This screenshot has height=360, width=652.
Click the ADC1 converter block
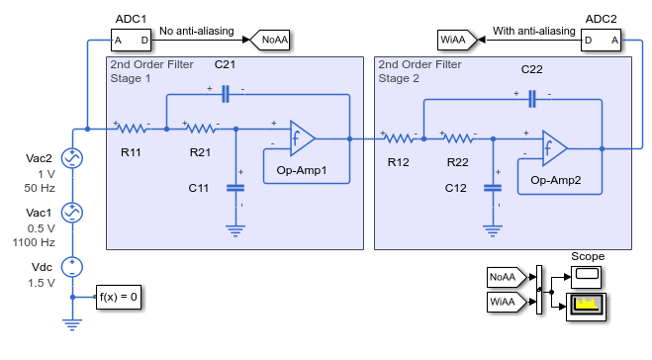(131, 40)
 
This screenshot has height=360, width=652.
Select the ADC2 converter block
(601, 40)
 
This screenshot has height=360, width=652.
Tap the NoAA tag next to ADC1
(270, 40)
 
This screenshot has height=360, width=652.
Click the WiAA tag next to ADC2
(457, 40)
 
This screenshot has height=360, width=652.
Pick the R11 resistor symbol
(133, 129)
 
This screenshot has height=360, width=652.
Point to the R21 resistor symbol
(202, 129)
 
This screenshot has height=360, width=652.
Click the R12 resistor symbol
(399, 138)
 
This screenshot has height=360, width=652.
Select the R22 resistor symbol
(459, 138)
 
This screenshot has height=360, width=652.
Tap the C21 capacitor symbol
(226, 94)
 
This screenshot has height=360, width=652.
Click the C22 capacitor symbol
(532, 99)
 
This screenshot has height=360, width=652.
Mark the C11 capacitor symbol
(235, 188)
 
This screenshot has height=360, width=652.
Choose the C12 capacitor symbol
(493, 188)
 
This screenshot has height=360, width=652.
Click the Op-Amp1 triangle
(301, 138)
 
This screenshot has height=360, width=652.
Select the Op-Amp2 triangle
(553, 148)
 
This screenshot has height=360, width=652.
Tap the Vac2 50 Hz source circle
(72, 158)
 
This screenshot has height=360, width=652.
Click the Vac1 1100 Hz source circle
(72, 213)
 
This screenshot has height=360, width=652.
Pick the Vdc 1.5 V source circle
(72, 267)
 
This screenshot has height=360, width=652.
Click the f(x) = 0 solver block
(119, 297)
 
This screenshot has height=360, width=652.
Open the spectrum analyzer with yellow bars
(587, 307)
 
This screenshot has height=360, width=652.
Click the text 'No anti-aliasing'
(197, 31)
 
